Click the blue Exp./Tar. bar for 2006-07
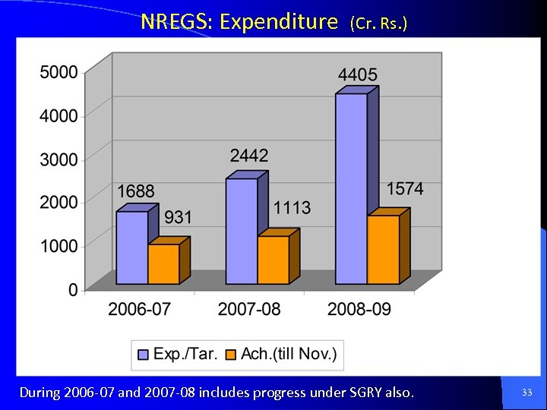tap(131, 248)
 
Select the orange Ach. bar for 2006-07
tap(163, 264)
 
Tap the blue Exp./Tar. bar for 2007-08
tap(241, 231)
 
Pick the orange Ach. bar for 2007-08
tap(273, 260)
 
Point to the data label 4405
tap(357, 74)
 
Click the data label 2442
tap(248, 156)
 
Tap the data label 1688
tap(136, 194)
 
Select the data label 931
tap(178, 218)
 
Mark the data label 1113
tap(292, 207)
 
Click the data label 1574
tap(405, 188)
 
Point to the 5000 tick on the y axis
tap(58, 72)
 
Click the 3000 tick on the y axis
tap(58, 159)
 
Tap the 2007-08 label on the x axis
tap(248, 309)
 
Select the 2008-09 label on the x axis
tap(359, 309)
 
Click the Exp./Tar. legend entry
tap(178, 354)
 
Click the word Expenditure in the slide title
tap(278, 22)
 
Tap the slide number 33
tap(526, 393)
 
